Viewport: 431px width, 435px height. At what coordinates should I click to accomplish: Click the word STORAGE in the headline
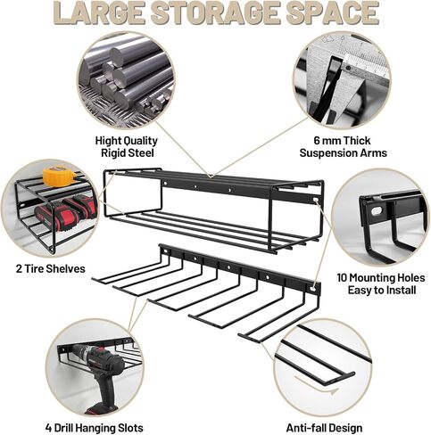(215, 12)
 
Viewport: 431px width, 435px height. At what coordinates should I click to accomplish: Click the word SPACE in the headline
(333, 12)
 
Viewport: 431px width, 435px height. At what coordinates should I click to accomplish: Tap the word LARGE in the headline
(100, 12)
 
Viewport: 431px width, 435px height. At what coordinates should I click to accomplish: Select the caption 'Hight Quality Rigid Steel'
(126, 146)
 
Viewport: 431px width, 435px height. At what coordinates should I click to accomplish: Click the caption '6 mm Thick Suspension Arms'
(343, 146)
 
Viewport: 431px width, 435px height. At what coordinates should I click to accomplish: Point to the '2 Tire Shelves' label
(51, 269)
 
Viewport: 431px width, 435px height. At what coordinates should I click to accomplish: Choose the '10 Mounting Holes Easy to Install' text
(381, 283)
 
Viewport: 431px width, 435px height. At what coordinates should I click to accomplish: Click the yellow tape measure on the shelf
(58, 176)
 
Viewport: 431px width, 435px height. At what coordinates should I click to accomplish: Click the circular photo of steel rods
(126, 80)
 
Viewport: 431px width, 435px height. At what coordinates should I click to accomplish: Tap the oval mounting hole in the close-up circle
(377, 211)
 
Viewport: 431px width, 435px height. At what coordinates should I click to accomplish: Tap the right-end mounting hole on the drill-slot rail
(312, 289)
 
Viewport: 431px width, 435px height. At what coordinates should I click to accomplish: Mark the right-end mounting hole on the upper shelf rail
(315, 201)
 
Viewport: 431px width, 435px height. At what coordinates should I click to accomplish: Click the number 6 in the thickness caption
(317, 141)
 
